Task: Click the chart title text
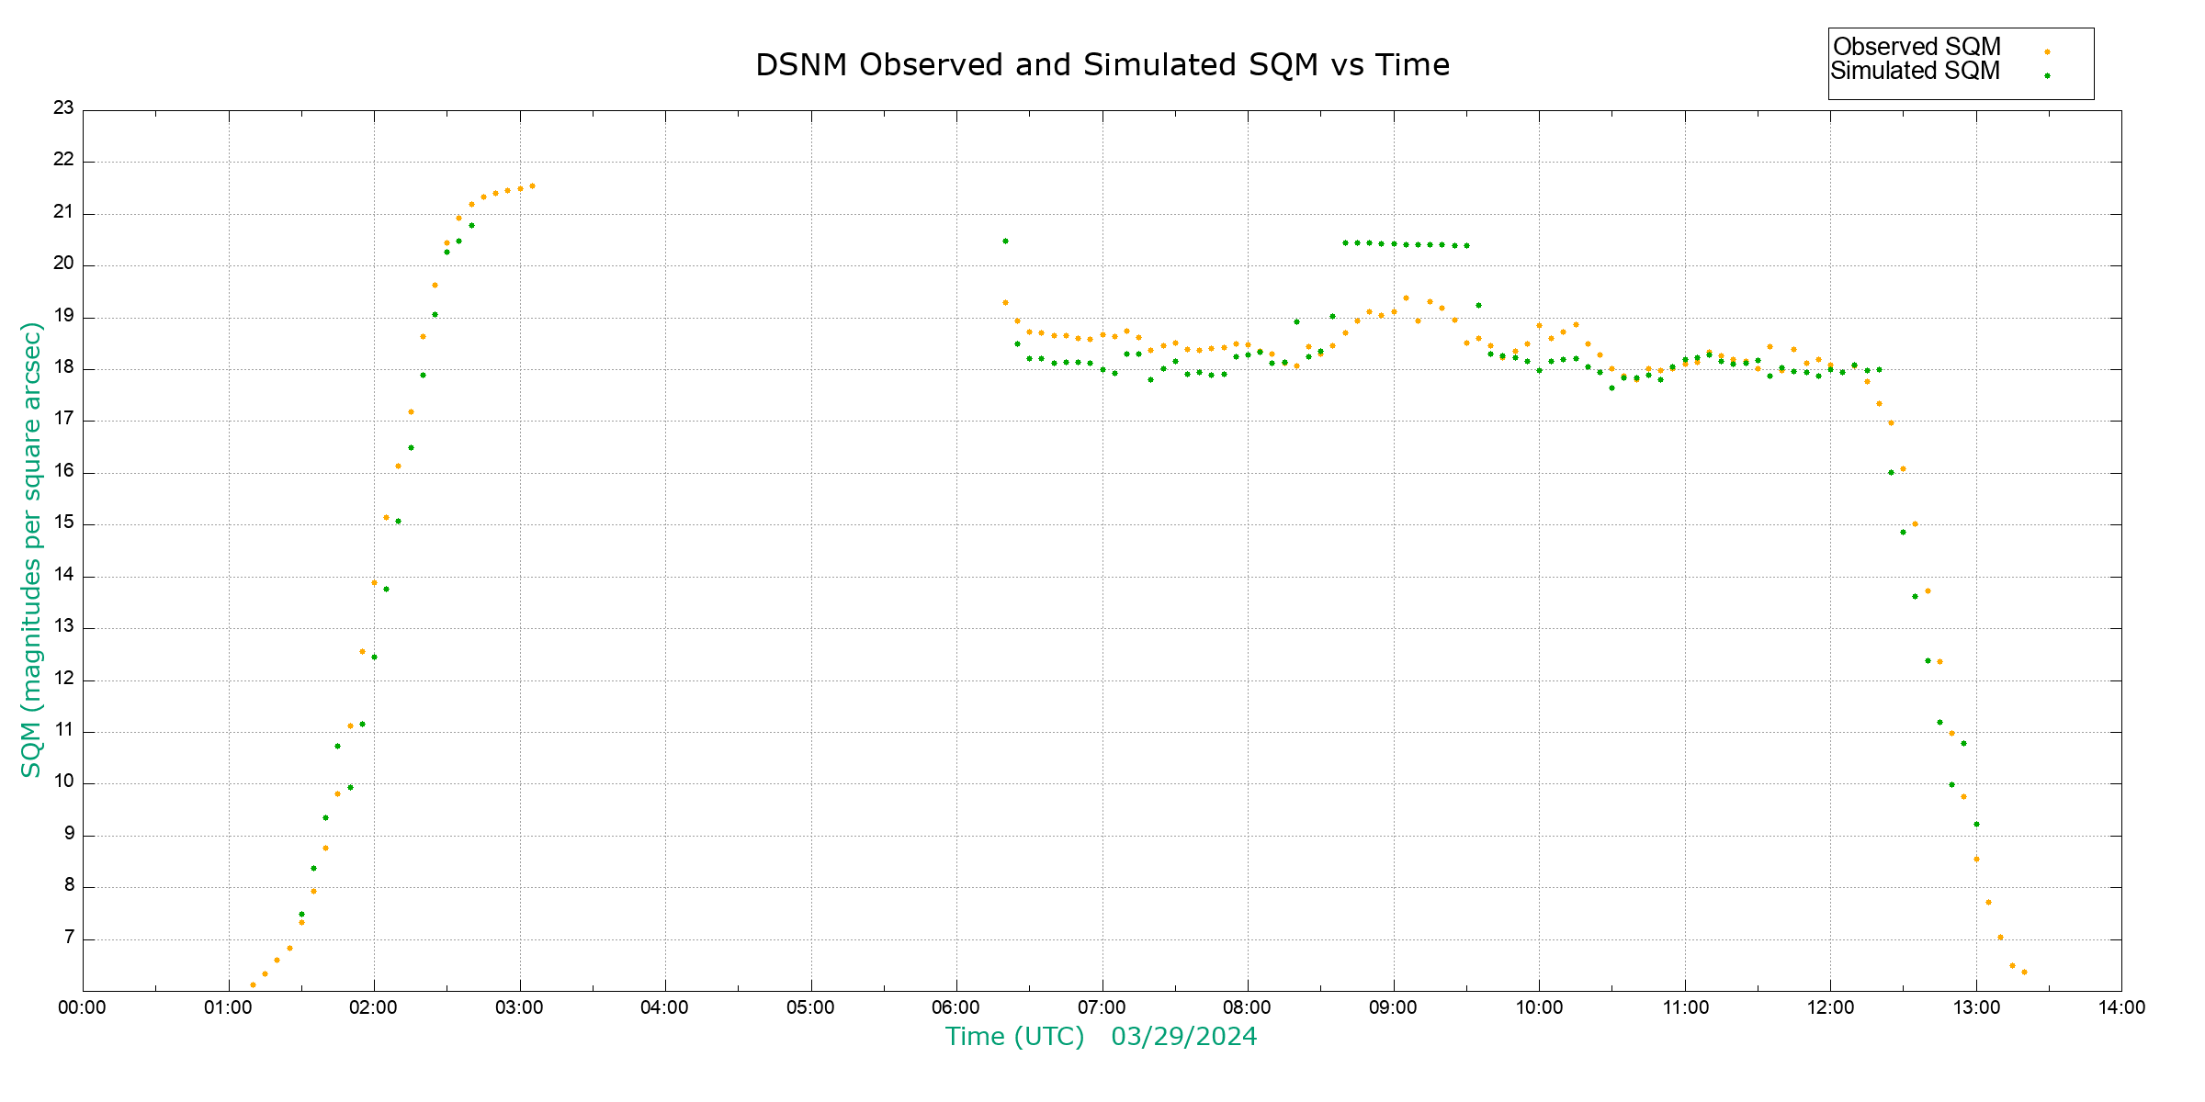(1102, 65)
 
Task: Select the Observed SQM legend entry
(1917, 47)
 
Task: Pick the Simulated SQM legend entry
(1915, 71)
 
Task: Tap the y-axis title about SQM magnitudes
(32, 549)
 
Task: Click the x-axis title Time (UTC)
(1014, 1037)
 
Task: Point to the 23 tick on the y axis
(63, 108)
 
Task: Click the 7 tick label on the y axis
(69, 938)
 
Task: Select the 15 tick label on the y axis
(63, 523)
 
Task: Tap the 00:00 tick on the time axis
(83, 1007)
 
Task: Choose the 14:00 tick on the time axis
(2121, 1007)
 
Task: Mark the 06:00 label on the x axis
(956, 1007)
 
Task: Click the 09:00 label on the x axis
(1393, 1007)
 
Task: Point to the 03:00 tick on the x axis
(519, 1007)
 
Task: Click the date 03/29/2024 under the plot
(1183, 1037)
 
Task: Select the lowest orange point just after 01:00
(253, 985)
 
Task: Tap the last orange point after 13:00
(2024, 973)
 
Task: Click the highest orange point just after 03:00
(532, 186)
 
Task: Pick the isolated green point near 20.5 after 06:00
(1005, 242)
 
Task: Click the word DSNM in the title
(801, 65)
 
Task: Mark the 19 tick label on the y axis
(63, 316)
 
